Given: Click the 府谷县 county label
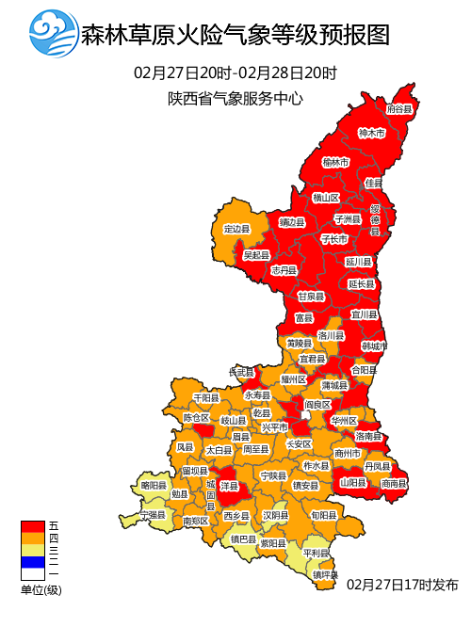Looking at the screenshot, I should (400, 109).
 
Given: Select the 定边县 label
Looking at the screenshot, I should (236, 229).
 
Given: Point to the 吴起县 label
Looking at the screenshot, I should (256, 255).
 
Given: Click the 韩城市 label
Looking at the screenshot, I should (375, 346).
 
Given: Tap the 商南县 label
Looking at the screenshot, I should (395, 483).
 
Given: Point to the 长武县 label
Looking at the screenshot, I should (242, 372).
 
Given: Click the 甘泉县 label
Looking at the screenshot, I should (311, 296).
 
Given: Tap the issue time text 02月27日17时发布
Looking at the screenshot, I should (401, 584).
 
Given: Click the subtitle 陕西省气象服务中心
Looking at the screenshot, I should (235, 97).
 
